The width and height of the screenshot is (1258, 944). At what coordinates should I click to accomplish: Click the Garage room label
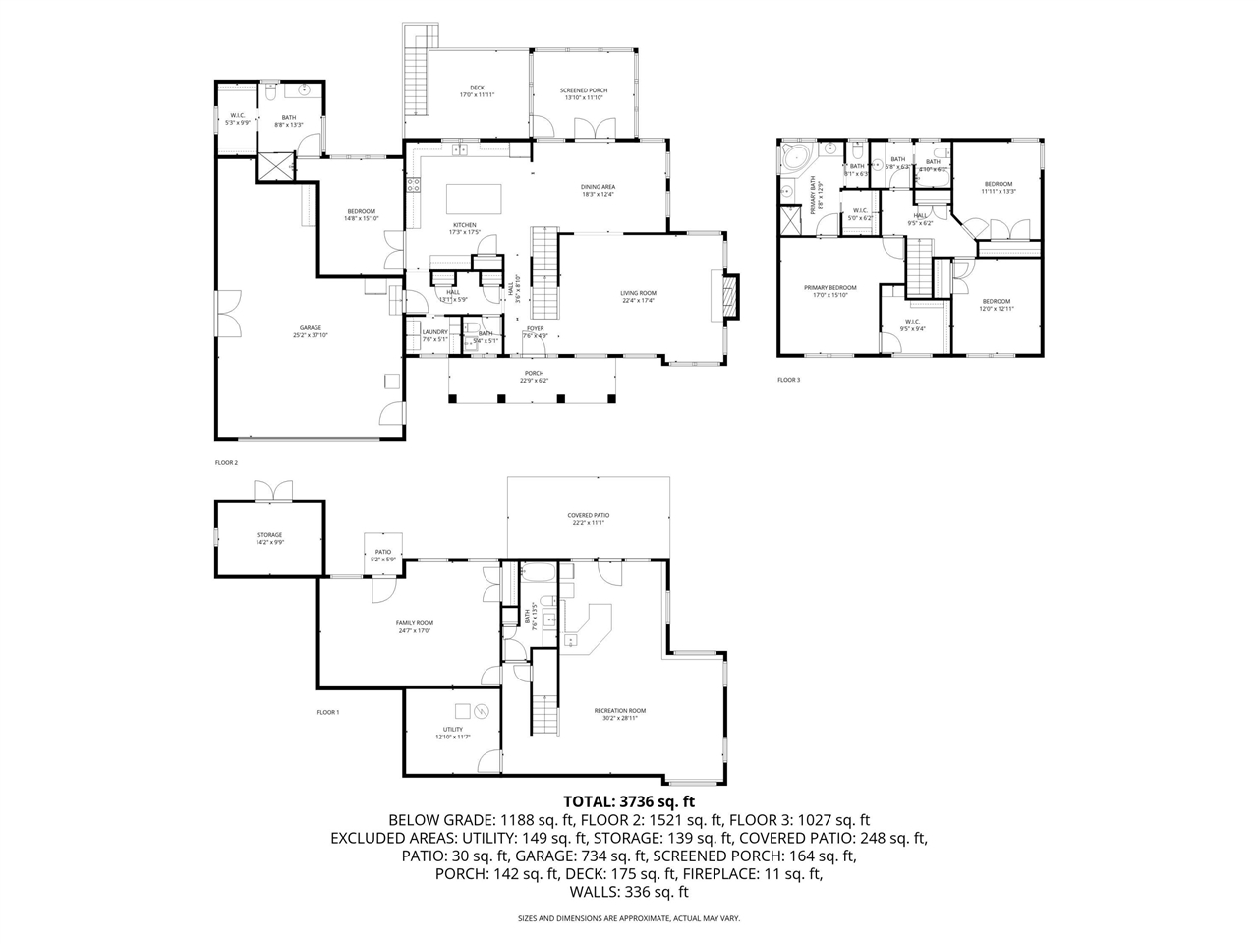[311, 331]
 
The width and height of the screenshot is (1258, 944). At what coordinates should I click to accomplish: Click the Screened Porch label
[584, 93]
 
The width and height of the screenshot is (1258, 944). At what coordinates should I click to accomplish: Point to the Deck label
[477, 91]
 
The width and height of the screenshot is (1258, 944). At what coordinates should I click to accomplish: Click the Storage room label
[269, 538]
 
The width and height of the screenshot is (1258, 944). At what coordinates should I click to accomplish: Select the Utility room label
[453, 733]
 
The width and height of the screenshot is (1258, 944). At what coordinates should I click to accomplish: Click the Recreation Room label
[620, 714]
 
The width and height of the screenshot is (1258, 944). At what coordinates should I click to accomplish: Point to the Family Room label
[414, 626]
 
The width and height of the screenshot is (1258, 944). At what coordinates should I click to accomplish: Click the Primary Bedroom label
[829, 291]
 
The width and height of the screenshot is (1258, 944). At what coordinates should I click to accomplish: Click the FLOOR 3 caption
[788, 380]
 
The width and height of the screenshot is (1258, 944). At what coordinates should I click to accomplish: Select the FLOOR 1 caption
[327, 712]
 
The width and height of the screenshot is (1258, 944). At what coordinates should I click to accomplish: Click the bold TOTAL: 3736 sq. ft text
[628, 800]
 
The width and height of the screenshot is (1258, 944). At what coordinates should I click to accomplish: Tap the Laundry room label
[434, 335]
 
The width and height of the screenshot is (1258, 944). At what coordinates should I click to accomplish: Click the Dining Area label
[598, 190]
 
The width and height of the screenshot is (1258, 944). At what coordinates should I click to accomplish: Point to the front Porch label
[534, 377]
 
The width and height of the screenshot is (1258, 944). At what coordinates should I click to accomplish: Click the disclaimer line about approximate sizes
[628, 918]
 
